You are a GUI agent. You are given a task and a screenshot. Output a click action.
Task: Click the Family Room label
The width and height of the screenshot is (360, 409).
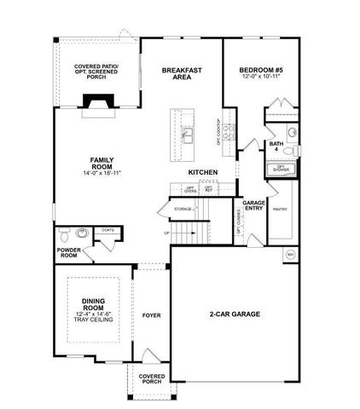tap(102, 164)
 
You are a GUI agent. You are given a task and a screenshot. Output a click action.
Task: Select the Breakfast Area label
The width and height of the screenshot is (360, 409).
tap(180, 73)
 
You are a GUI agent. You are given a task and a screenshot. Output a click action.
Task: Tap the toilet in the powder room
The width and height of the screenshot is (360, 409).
tap(66, 236)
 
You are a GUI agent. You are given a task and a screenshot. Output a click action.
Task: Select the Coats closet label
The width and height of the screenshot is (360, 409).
tap(107, 229)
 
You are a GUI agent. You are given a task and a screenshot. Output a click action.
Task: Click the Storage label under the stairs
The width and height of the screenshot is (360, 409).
tap(182, 208)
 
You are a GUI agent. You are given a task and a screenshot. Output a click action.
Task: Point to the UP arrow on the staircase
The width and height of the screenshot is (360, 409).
tap(168, 232)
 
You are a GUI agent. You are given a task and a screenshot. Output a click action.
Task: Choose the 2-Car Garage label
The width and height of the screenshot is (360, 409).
tap(234, 314)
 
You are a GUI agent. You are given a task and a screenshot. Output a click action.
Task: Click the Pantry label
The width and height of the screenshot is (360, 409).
tap(278, 208)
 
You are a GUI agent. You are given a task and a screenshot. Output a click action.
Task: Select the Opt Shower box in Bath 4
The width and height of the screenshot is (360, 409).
tap(280, 169)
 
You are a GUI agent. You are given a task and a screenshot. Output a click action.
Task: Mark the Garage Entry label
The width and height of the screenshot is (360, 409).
tap(253, 205)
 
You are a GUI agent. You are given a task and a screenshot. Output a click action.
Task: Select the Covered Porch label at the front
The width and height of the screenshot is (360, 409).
tap(151, 377)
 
